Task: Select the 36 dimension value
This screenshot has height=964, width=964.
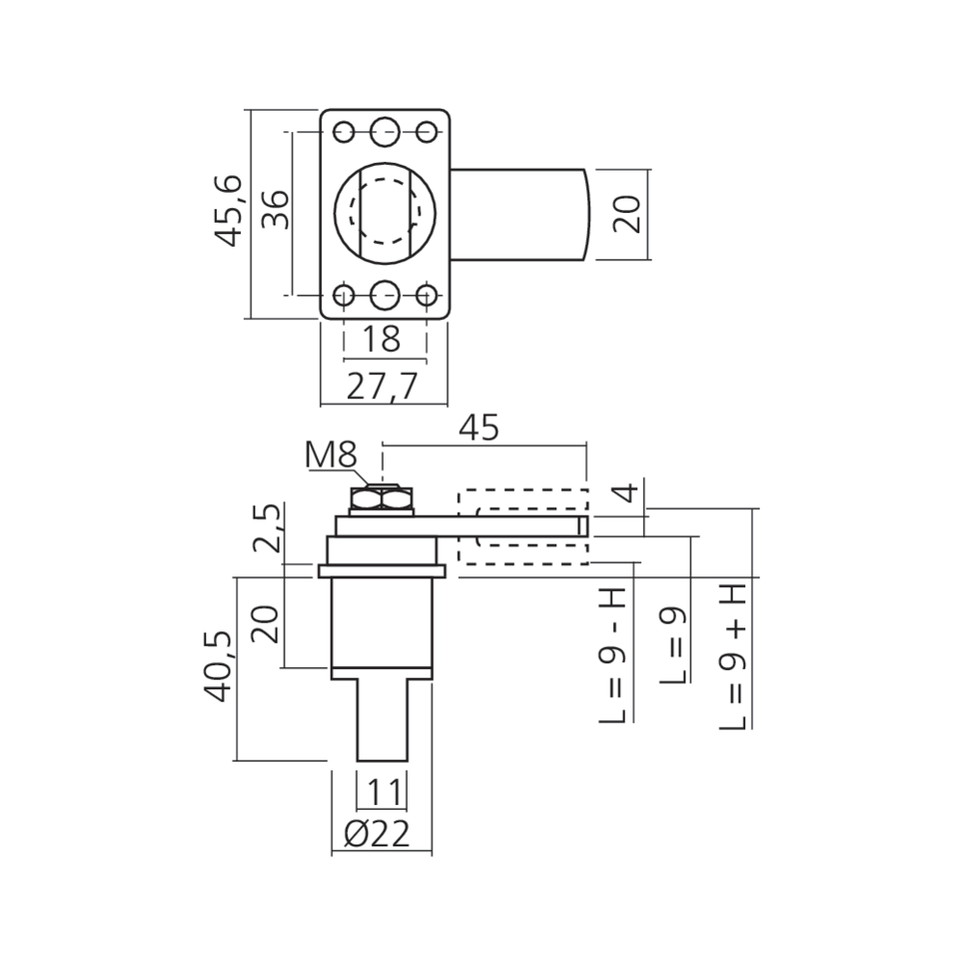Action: tap(276, 209)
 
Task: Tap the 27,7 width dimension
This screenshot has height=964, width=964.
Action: tap(382, 387)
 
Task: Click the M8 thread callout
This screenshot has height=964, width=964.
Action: tap(331, 455)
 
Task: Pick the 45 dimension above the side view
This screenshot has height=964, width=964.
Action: tap(479, 427)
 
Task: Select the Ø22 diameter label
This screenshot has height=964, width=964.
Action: tap(377, 834)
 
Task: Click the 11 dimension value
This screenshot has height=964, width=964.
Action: tap(384, 790)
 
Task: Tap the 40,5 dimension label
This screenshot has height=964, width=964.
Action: tap(218, 667)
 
